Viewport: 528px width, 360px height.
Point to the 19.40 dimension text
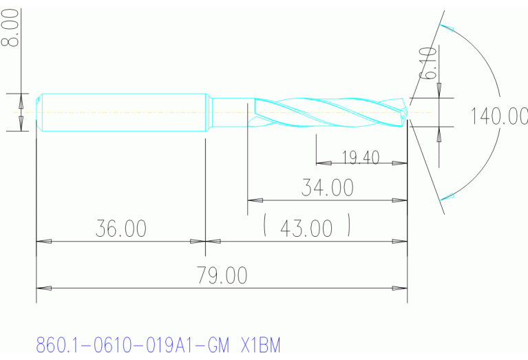pos(361,158)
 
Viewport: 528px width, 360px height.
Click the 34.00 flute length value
pos(328,187)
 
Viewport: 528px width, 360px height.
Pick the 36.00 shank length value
pos(121,229)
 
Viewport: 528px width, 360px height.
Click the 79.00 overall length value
pos(222,275)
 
